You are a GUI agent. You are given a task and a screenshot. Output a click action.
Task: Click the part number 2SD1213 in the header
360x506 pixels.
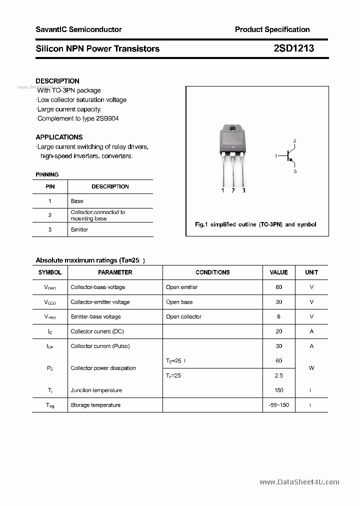293,48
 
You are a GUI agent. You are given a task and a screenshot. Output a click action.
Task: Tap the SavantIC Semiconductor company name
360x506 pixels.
78,29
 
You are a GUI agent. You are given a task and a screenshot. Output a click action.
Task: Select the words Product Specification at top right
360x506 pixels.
272,29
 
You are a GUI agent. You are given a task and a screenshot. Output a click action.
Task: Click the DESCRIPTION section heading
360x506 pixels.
57,81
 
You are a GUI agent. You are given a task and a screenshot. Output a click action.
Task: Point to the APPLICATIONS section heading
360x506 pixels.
59,137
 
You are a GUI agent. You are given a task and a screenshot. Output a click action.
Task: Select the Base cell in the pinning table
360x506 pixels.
77,201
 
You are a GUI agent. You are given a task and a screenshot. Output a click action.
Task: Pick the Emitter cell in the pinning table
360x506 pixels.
79,229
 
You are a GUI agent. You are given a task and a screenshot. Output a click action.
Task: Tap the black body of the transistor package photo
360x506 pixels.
232,139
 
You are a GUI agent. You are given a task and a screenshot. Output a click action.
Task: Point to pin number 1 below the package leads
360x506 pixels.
222,190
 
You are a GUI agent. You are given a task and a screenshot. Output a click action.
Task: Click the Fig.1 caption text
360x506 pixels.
255,224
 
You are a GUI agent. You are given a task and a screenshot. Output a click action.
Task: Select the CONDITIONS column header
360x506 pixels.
212,272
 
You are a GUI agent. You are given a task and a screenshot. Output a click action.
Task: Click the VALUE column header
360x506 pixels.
278,272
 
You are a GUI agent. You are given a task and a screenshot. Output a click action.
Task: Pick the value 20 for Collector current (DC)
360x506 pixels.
278,331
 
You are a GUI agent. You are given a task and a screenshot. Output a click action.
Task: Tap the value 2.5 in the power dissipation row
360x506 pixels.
278,375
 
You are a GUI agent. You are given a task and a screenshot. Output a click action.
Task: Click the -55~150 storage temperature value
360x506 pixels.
278,405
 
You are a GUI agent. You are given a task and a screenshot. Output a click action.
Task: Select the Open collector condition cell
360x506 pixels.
183,316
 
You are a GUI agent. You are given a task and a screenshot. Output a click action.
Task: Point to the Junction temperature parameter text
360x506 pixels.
96,390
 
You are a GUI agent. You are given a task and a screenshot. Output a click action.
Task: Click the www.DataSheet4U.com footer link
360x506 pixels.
299,482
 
